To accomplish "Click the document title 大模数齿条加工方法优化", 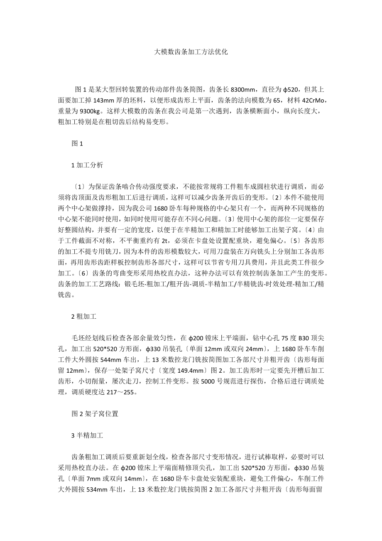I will pos(191,52).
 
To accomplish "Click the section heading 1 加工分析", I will pos(87,165).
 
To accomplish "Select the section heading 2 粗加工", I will pos(84,316).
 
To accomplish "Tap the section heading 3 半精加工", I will pos(87,435).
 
